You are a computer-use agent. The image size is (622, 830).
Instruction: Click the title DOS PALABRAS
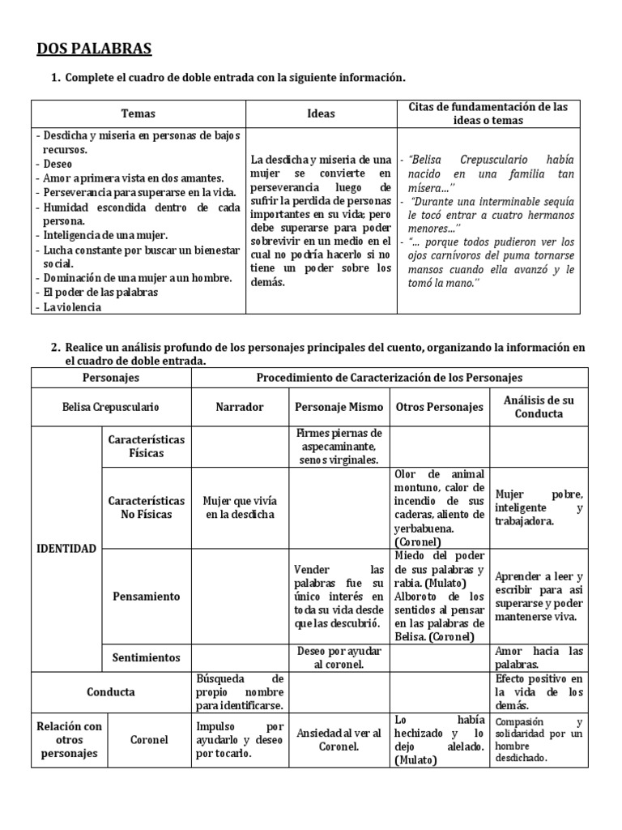point(94,49)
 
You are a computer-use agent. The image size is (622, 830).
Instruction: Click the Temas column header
point(138,114)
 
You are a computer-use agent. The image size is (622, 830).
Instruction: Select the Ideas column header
point(321,114)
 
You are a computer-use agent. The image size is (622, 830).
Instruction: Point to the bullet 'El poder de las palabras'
point(101,293)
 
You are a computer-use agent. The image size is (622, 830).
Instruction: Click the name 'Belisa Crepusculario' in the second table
point(111,407)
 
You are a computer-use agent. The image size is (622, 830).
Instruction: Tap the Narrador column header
point(239,407)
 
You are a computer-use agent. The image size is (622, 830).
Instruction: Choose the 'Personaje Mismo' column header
point(339,407)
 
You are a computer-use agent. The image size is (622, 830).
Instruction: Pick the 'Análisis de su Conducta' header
point(539,407)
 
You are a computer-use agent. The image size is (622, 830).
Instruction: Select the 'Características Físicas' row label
point(147,446)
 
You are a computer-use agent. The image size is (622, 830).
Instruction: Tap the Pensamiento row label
point(147,596)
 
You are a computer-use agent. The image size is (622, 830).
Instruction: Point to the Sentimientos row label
point(147,657)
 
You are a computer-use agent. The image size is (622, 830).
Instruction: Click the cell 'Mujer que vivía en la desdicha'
point(239,507)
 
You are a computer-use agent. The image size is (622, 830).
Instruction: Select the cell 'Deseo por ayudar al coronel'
point(339,657)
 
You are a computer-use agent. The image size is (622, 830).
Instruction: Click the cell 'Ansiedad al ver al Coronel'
point(339,739)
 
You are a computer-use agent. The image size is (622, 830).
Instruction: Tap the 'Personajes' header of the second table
point(111,378)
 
